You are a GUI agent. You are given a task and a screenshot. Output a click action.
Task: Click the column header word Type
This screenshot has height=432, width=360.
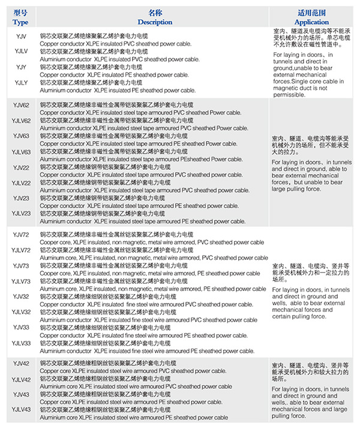pyautogui.click(x=20, y=22)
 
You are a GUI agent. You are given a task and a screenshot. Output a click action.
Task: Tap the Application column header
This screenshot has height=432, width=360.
pyautogui.click(x=312, y=22)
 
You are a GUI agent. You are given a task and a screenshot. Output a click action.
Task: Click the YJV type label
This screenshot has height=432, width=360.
pyautogui.click(x=20, y=36)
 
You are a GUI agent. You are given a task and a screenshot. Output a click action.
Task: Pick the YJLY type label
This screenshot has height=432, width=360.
pyautogui.click(x=20, y=82)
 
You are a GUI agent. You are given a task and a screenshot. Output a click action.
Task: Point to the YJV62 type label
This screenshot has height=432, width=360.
pyautogui.click(x=21, y=106)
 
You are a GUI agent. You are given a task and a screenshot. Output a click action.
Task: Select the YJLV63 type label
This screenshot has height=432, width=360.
pyautogui.click(x=21, y=152)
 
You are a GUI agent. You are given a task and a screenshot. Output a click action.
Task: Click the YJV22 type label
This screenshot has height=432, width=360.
pyautogui.click(x=21, y=167)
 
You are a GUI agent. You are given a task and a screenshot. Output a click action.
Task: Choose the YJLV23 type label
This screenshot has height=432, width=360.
pyautogui.click(x=21, y=214)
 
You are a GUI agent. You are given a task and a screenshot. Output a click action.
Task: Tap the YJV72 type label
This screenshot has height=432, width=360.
pyautogui.click(x=21, y=235)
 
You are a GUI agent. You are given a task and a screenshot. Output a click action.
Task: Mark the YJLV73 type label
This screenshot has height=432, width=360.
pyautogui.click(x=21, y=281)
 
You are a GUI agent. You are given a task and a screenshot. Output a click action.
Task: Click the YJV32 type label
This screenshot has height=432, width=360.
pyautogui.click(x=21, y=296)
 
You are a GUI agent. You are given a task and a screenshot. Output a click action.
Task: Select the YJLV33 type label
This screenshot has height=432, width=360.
pyautogui.click(x=21, y=343)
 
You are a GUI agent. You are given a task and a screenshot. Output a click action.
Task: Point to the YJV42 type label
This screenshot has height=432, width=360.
pyautogui.click(x=21, y=364)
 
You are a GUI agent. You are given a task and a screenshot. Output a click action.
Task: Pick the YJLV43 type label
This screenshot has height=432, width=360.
pyautogui.click(x=21, y=409)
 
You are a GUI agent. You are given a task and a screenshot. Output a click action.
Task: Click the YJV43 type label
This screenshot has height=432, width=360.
pyautogui.click(x=21, y=394)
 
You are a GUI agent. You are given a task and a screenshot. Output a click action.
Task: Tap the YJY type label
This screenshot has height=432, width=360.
pyautogui.click(x=20, y=67)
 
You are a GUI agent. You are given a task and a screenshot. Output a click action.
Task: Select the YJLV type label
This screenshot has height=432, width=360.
pyautogui.click(x=20, y=52)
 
